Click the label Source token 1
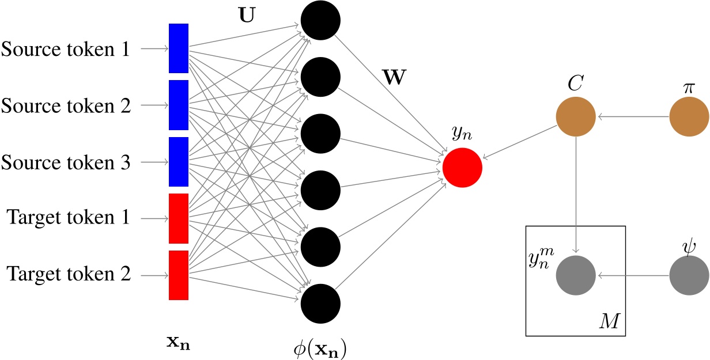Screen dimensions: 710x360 [66, 49]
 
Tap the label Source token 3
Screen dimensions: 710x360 [66, 162]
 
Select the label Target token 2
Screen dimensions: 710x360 [69, 274]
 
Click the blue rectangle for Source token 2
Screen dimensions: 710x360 [179, 105]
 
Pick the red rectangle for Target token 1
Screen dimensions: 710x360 [179, 219]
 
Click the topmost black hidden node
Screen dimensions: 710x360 [320, 20]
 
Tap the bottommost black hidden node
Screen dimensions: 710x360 [320, 304]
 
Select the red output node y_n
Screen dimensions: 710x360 [462, 168]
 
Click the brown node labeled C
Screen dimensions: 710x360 [576, 116]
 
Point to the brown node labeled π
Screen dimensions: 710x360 [689, 116]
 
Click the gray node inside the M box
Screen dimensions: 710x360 [576, 275]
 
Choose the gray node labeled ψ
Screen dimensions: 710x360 [689, 275]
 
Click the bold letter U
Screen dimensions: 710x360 [247, 14]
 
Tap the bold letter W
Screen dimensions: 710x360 [395, 77]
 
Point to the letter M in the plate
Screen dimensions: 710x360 [609, 321]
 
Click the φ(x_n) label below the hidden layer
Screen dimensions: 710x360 [320, 348]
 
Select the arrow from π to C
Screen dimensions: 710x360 [633, 116]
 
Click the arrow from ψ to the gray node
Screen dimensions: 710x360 [633, 275]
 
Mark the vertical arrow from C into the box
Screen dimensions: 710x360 [576, 195]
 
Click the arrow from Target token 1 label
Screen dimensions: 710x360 [154, 219]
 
